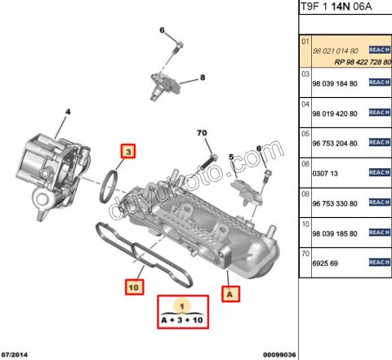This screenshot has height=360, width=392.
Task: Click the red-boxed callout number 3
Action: [128, 151]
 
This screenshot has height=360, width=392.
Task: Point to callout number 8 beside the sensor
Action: [203, 78]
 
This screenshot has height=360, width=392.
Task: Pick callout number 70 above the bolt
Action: [203, 132]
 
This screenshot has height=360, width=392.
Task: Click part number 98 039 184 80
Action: [336, 83]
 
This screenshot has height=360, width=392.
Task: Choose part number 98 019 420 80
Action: [336, 113]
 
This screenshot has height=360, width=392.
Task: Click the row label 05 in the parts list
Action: [306, 133]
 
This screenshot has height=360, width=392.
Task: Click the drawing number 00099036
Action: [279, 354]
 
